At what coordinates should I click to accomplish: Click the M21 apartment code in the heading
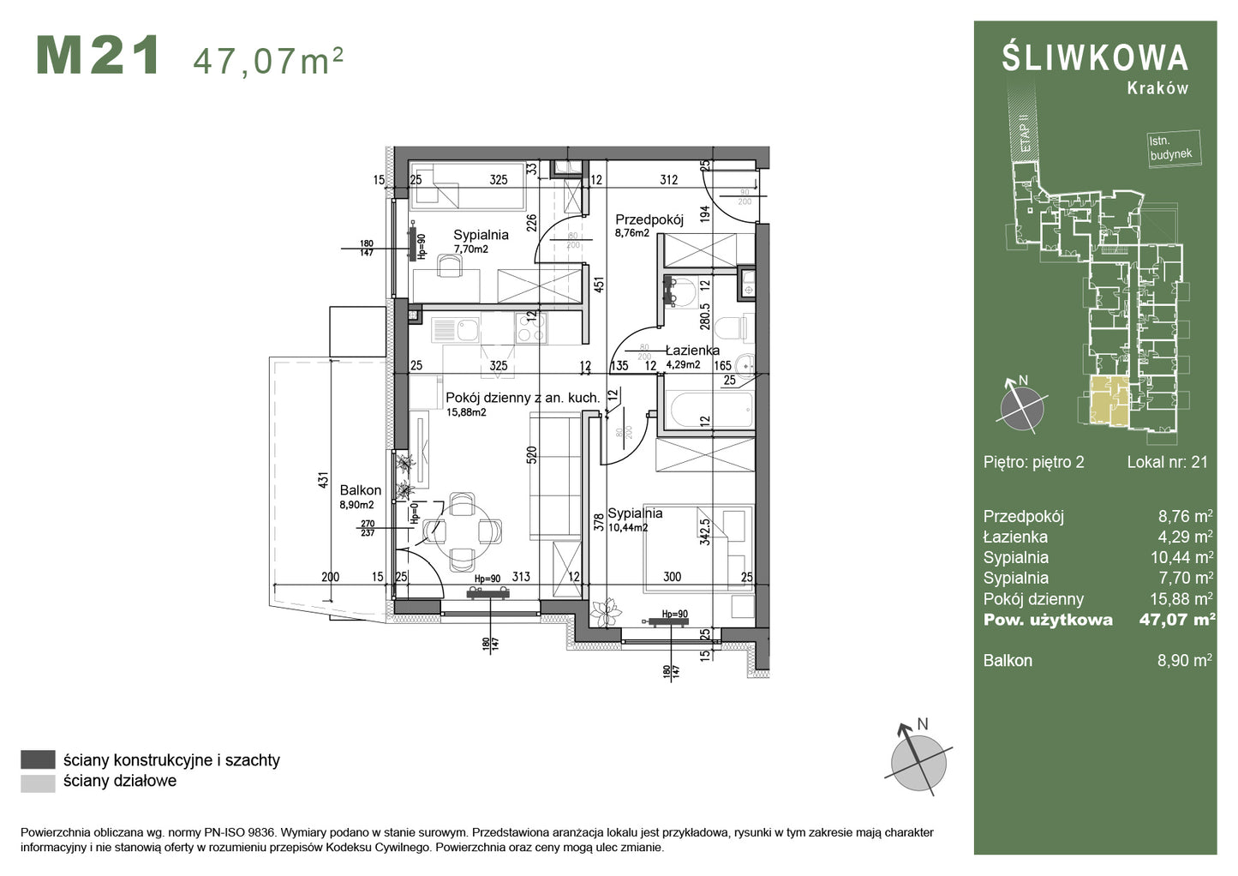tap(98, 57)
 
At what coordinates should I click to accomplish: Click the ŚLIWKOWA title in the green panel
tap(1095, 58)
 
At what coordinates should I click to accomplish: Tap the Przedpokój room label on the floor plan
tap(649, 219)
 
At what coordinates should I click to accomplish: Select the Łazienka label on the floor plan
tap(692, 351)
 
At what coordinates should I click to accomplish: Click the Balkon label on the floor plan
tap(360, 490)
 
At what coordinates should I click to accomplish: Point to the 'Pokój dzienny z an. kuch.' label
tap(522, 398)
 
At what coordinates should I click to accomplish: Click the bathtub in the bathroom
tap(711, 410)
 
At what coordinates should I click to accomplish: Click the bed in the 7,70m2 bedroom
tap(467, 186)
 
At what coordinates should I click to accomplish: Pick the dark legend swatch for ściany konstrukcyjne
tap(38, 759)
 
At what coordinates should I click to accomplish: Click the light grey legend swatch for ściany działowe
tap(38, 782)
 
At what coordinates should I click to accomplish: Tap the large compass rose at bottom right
tap(918, 760)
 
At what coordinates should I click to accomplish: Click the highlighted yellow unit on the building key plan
tap(1109, 401)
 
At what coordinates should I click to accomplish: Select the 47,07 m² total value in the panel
tap(1176, 620)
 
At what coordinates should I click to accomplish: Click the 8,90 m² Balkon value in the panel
tap(1184, 660)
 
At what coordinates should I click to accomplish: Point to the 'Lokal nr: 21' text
tap(1167, 462)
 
